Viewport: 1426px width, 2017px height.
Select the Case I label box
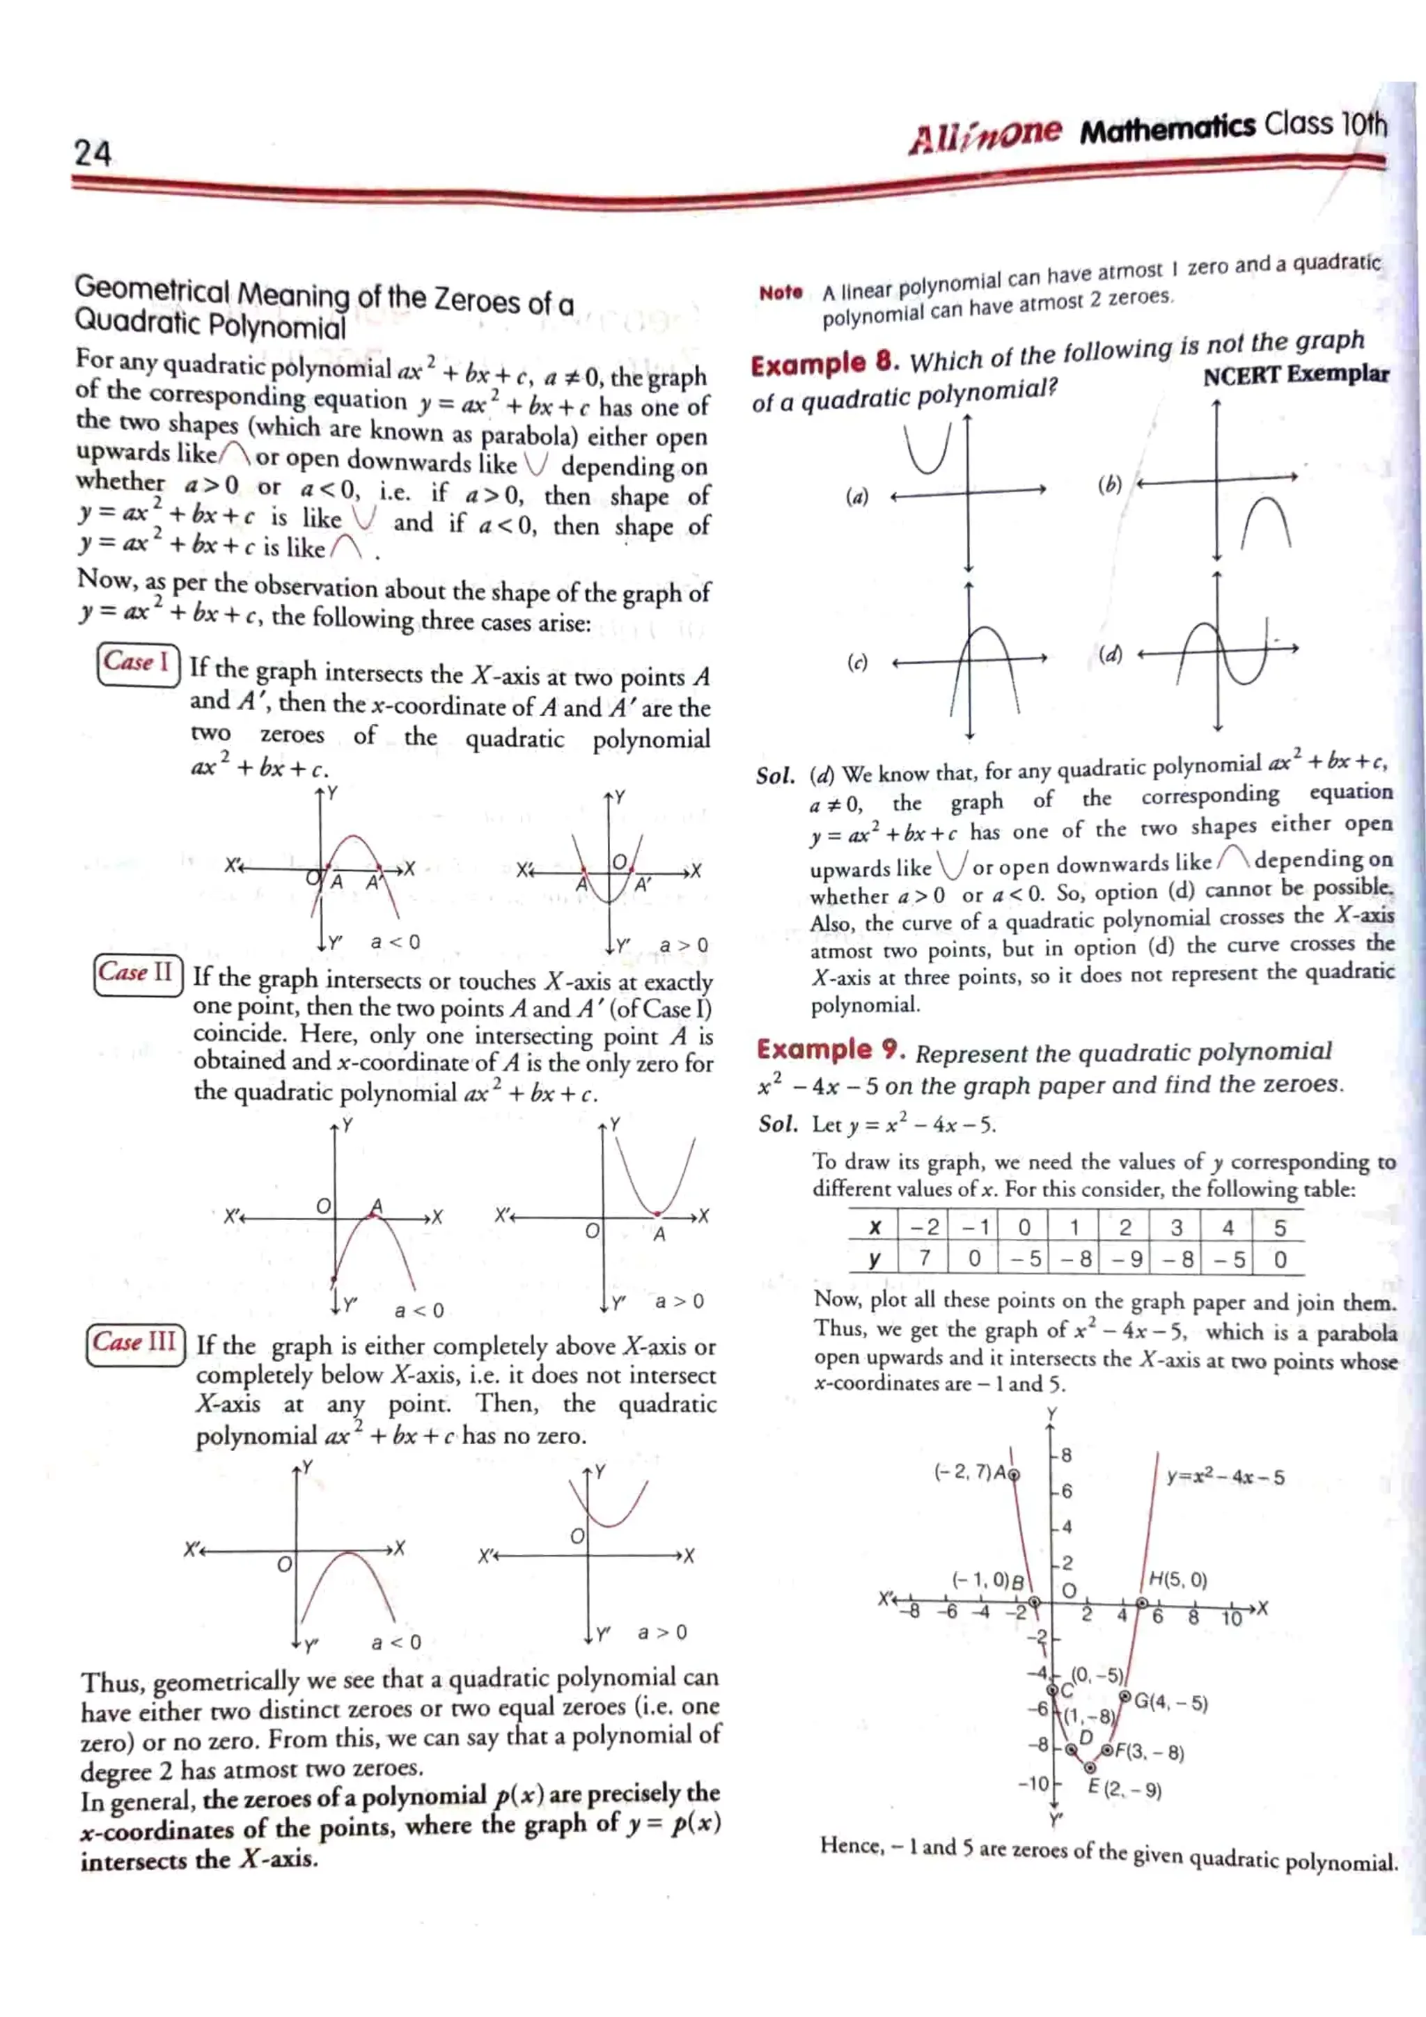point(138,663)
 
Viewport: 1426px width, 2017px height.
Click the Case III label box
point(135,1343)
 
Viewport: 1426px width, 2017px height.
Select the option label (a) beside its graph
point(856,497)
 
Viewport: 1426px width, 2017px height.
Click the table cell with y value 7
point(923,1259)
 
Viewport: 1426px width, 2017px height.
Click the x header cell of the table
point(875,1227)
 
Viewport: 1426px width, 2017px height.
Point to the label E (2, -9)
point(1125,1789)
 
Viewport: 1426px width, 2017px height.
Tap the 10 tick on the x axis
point(1231,1619)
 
